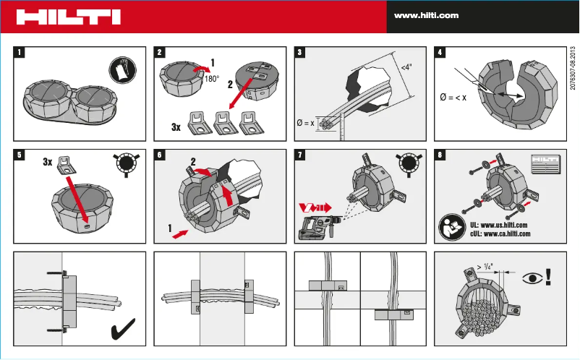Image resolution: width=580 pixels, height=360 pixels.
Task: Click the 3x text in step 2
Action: [176, 127]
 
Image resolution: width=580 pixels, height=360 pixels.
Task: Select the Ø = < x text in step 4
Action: [453, 98]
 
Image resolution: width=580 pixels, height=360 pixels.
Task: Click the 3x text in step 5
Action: [48, 163]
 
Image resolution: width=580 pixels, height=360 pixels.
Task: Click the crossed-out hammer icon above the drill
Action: [314, 207]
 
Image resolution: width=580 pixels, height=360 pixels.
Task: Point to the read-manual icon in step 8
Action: [451, 229]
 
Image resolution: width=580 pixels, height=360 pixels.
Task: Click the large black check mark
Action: [125, 330]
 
